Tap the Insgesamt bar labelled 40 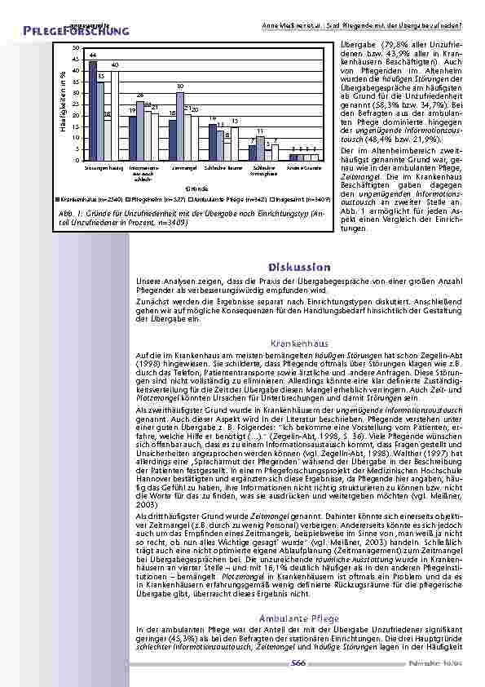point(115,115)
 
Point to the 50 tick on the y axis point(75,49)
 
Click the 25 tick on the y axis point(75,104)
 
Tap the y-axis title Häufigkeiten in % point(62,104)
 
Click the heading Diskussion point(298,268)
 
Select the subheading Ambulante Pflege point(298,618)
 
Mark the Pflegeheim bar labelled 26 point(140,131)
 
